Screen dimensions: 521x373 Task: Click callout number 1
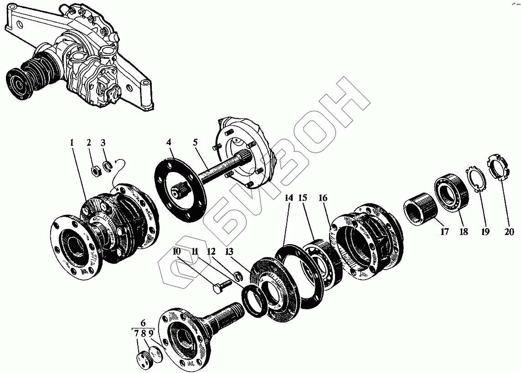(72, 143)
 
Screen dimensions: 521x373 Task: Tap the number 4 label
(169, 143)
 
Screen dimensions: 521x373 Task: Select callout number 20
(509, 231)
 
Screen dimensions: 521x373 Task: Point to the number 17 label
(444, 231)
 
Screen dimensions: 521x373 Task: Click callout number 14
(289, 198)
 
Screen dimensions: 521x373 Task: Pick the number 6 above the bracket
(143, 322)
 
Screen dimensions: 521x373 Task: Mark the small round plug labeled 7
(143, 360)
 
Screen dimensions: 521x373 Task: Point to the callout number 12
(211, 251)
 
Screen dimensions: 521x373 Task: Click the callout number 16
(323, 198)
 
